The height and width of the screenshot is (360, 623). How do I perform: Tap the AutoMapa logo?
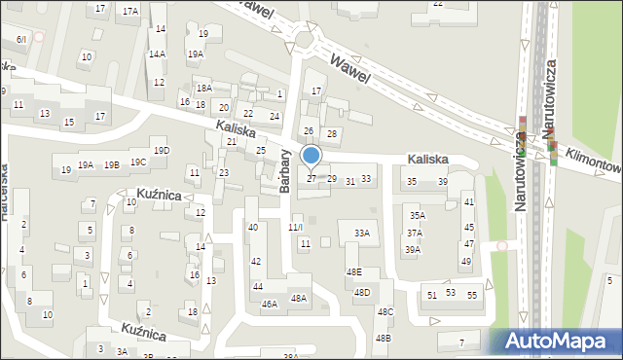pyautogui.click(x=559, y=342)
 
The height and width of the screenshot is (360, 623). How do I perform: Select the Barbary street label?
pyautogui.click(x=286, y=171)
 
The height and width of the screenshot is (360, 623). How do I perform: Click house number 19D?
pyautogui.click(x=162, y=150)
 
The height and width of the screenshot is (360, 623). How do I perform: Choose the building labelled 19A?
pyautogui.click(x=87, y=165)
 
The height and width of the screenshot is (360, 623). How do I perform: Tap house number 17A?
pyautogui.click(x=130, y=11)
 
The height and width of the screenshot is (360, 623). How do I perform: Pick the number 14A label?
pyautogui.click(x=157, y=54)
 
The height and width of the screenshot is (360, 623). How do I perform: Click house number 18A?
pyautogui.click(x=203, y=89)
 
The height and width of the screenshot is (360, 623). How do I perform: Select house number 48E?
pyautogui.click(x=353, y=272)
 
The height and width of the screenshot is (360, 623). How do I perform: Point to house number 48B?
pyautogui.click(x=384, y=338)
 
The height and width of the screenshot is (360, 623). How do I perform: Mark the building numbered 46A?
pyautogui.click(x=270, y=304)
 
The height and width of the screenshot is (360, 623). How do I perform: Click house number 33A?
pyautogui.click(x=362, y=234)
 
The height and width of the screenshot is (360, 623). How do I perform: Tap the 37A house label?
pyautogui.click(x=415, y=234)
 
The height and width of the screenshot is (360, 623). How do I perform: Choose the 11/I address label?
pyautogui.click(x=296, y=227)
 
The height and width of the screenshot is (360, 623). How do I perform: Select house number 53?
pyautogui.click(x=451, y=292)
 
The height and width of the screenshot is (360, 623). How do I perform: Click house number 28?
pyautogui.click(x=332, y=133)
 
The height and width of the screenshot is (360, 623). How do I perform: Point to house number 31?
pyautogui.click(x=350, y=181)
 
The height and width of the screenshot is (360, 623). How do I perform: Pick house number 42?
pyautogui.click(x=256, y=262)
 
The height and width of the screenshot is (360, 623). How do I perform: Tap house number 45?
pyautogui.click(x=469, y=228)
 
